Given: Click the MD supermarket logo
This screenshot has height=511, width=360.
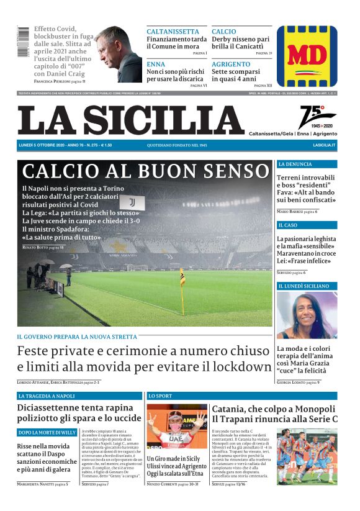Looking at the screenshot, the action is click(307, 56).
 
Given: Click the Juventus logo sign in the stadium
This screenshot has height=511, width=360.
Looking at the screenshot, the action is click(132, 202).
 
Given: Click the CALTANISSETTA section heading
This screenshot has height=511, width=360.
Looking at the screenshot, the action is click(173, 32).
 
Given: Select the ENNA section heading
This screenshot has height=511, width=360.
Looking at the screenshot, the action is click(156, 64).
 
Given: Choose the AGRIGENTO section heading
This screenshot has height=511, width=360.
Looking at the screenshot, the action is click(231, 64).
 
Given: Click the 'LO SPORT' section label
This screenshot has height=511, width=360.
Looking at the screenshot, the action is click(160, 396).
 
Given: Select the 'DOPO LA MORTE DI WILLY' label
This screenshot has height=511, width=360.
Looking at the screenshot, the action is click(47, 432).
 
